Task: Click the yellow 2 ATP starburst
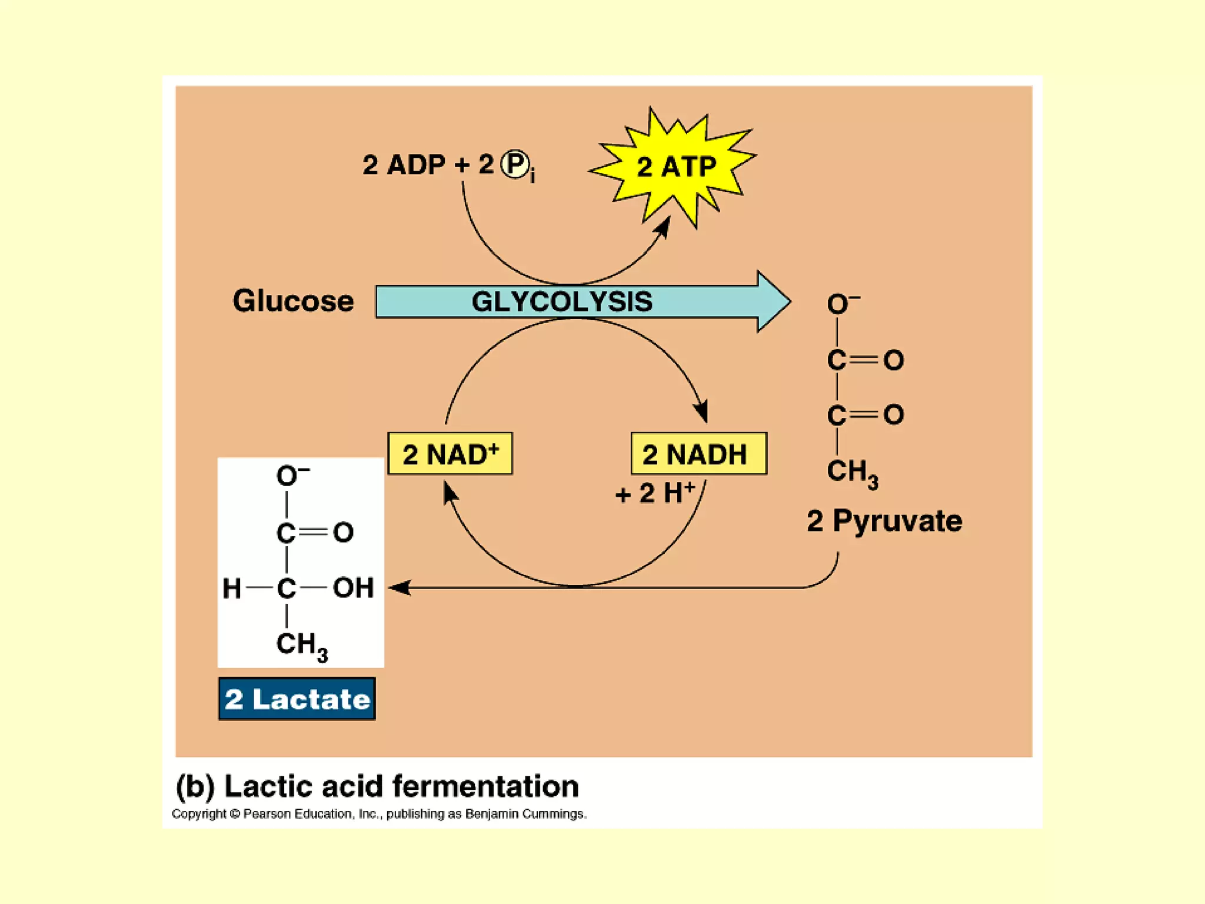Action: tap(675, 167)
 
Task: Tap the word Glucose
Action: tap(293, 301)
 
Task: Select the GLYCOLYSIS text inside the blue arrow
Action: tap(562, 302)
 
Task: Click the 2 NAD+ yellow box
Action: tap(450, 454)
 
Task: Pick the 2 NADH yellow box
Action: tap(698, 454)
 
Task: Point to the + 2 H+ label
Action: tap(655, 493)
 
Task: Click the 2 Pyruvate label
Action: tap(884, 521)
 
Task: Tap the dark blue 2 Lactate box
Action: tap(297, 699)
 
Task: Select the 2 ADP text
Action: tap(404, 165)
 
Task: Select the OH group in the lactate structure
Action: tap(353, 588)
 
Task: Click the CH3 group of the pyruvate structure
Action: tap(852, 472)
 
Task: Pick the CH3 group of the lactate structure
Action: tap(301, 645)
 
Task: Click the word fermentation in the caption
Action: tap(485, 786)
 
